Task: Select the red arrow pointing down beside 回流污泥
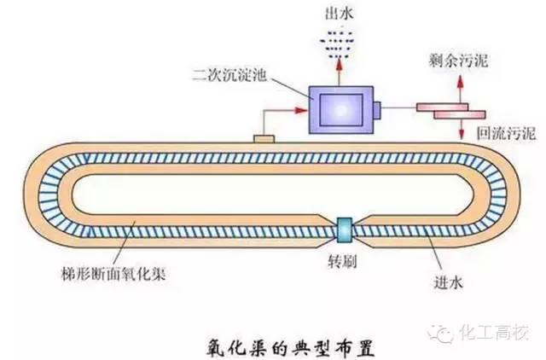pyautogui.click(x=462, y=130)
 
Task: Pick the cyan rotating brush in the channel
pyautogui.click(x=344, y=228)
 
